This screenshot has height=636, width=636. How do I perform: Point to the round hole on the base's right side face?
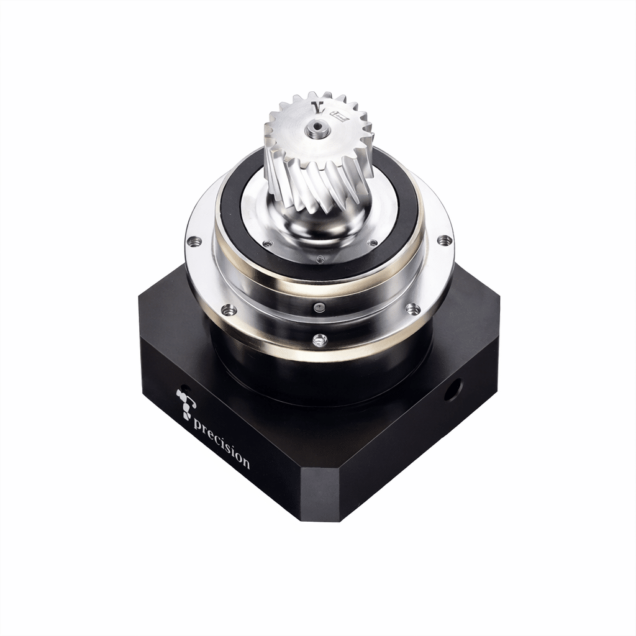[x=453, y=389]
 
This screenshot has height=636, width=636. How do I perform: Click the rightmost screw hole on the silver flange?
[x=443, y=240]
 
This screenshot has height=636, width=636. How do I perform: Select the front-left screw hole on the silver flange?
[x=229, y=309]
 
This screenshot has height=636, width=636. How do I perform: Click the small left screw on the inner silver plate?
[x=267, y=243]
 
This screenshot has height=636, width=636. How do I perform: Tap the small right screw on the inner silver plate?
[x=373, y=243]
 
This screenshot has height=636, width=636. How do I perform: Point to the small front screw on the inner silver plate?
[x=320, y=259]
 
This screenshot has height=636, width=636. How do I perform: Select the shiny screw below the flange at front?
[x=320, y=340]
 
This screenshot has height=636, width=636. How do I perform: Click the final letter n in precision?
[x=246, y=463]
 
